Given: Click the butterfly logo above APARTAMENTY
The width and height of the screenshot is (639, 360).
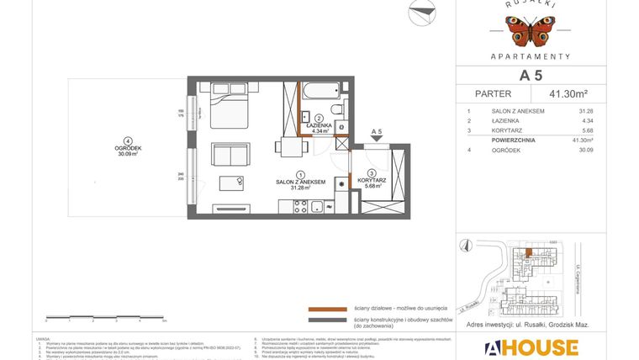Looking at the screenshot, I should (x=530, y=30).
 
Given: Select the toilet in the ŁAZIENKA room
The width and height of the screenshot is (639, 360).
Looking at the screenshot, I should (x=336, y=110).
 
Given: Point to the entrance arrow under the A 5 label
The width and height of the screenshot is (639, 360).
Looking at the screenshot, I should (x=376, y=142).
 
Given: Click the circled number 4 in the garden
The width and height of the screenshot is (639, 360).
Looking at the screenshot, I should (x=127, y=141).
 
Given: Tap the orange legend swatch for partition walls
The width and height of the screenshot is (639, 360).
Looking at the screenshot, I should (x=327, y=309).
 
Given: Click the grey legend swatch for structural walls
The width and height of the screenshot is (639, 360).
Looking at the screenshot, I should (x=327, y=320).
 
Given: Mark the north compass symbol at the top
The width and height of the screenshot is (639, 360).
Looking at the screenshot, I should (x=422, y=13).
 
